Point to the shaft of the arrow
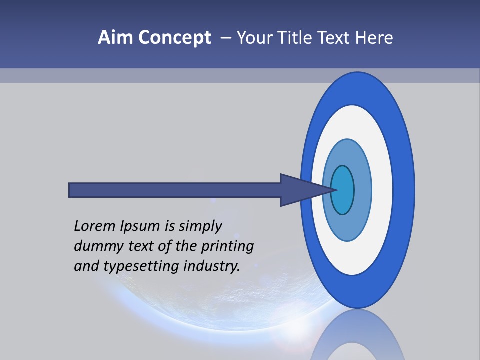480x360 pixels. [175, 190]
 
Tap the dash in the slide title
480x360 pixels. [225, 38]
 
